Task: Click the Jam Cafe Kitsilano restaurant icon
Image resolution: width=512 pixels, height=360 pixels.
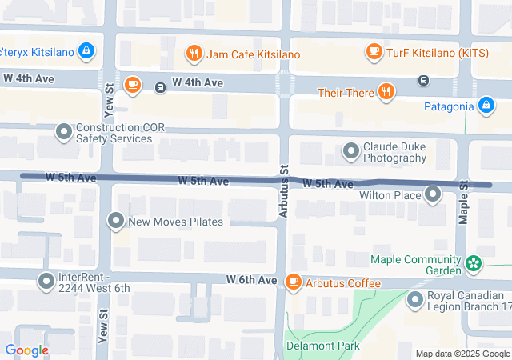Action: [193, 54]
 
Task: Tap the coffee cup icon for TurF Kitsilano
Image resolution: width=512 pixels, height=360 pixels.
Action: [374, 52]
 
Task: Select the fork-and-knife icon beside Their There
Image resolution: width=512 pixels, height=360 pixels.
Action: [386, 92]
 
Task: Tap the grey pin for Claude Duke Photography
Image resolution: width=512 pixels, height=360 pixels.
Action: [351, 150]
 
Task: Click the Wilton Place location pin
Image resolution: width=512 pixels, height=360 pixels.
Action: [433, 194]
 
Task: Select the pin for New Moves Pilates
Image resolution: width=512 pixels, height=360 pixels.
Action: [117, 221]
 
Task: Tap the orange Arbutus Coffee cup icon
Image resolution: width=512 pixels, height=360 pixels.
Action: [294, 282]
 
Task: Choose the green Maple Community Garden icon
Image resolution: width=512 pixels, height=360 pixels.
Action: [474, 261]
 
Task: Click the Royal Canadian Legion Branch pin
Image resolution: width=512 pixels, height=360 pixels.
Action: [415, 300]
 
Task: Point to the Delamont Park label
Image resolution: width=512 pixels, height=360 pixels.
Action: [324, 346]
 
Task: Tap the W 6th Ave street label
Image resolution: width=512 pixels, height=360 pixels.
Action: [250, 280]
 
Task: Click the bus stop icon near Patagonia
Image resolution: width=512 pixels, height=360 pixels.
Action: [423, 80]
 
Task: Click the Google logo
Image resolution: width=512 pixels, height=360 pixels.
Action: [26, 350]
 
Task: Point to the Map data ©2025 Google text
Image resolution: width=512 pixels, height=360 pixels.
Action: [462, 354]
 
